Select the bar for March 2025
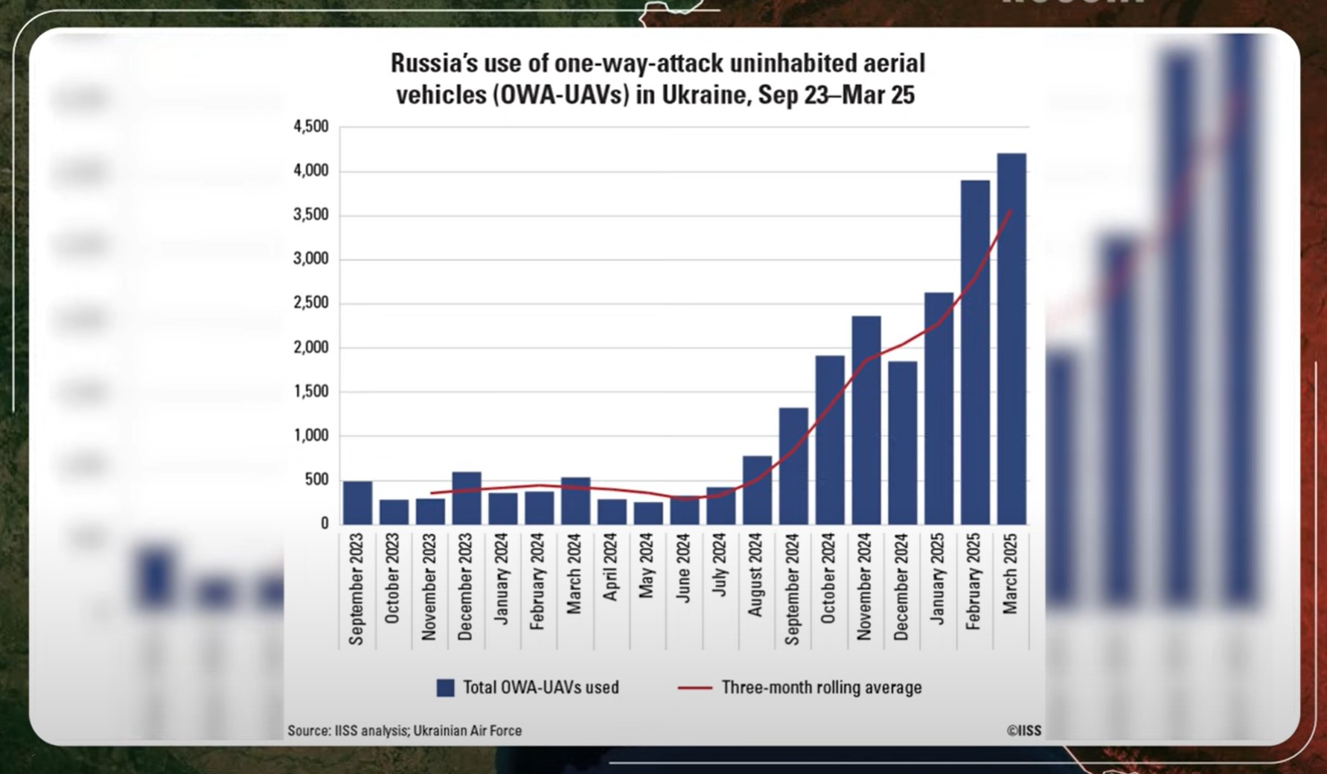tap(1011, 339)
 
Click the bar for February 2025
tap(975, 352)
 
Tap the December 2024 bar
tap(902, 443)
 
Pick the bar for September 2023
tap(357, 503)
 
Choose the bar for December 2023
tap(467, 498)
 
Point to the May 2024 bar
tap(648, 513)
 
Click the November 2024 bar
tap(866, 420)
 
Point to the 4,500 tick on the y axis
tap(311, 127)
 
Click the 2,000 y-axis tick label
tap(311, 348)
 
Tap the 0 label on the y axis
tap(324, 524)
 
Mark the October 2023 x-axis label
tap(392, 578)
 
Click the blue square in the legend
tap(445, 688)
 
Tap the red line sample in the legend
tap(694, 688)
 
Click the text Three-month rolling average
tap(821, 688)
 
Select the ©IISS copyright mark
tap(1023, 731)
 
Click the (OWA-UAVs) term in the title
tap(560, 96)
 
